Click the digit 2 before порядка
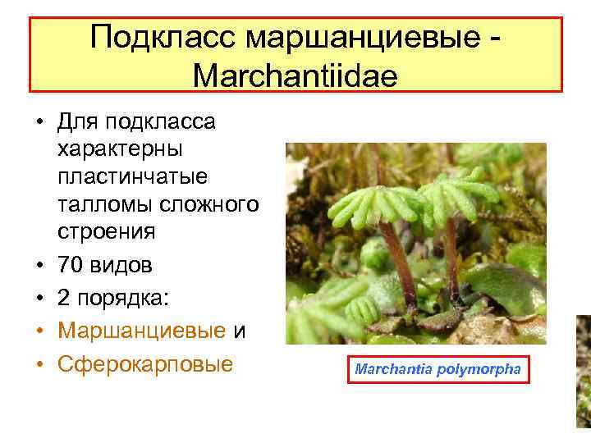point(65,299)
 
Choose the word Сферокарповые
point(145,363)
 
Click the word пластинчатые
point(132,176)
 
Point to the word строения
point(106,232)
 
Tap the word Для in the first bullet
point(76,122)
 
